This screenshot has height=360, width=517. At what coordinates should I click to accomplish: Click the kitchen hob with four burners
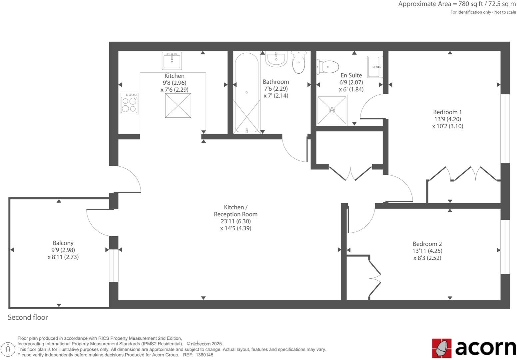[x=129, y=104]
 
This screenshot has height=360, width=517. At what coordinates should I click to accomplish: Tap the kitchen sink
[x=172, y=60]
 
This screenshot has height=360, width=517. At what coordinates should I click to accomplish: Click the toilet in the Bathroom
[x=298, y=62]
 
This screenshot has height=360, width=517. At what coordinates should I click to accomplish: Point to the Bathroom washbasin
[x=276, y=59]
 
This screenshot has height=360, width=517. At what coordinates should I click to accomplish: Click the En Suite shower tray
[x=332, y=110]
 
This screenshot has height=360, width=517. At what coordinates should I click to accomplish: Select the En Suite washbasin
[x=375, y=67]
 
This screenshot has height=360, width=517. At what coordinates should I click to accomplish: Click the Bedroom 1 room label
[x=447, y=112]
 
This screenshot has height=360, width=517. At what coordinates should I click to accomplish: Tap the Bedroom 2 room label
[x=427, y=244]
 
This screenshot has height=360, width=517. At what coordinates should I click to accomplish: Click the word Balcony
[x=63, y=243]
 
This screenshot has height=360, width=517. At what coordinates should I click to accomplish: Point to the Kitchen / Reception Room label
[x=236, y=211]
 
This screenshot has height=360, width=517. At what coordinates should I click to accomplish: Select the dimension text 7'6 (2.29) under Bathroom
[x=275, y=89]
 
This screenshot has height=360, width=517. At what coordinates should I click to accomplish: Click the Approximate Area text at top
[x=457, y=4]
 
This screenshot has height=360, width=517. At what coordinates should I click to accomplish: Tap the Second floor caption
[x=28, y=317]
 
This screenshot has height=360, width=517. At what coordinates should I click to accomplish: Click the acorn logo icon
[x=442, y=348]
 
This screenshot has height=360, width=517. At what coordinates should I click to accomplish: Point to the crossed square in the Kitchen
[x=178, y=106]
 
